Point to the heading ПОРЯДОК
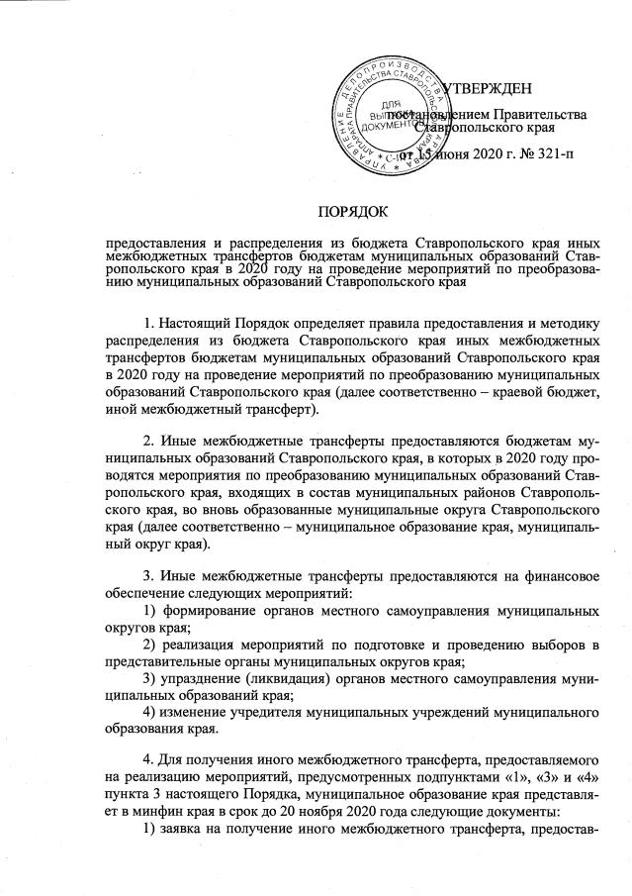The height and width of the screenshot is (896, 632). [353, 210]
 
